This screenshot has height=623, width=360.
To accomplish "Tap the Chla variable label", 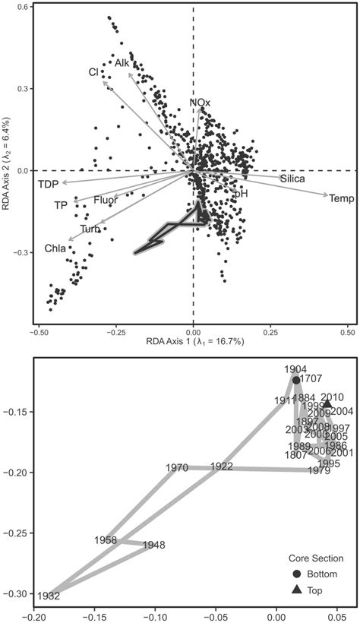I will pyautogui.click(x=55, y=248).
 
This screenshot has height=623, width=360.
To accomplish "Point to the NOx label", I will pyautogui.click(x=201, y=103).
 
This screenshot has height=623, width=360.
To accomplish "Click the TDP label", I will pyautogui.click(x=49, y=185).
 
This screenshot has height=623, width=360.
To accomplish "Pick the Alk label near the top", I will pyautogui.click(x=122, y=63).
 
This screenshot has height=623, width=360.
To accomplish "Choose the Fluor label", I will pyautogui.click(x=106, y=201).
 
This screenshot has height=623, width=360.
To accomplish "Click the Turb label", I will pyautogui.click(x=91, y=229).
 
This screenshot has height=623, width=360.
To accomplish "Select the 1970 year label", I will pyautogui.click(x=176, y=468).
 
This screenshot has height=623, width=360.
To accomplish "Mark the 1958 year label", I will pyautogui.click(x=106, y=540).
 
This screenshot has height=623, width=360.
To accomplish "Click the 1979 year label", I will pyautogui.click(x=319, y=472).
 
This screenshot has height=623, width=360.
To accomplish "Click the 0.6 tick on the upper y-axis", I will pyautogui.click(x=24, y=8).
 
